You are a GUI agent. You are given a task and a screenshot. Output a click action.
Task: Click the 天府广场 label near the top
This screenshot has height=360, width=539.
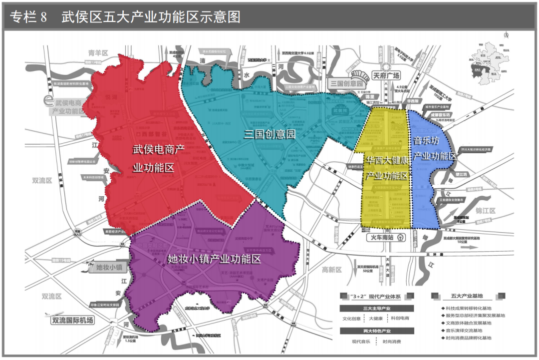click(x=386, y=76)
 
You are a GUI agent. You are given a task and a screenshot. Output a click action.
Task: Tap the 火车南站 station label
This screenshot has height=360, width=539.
click(x=386, y=238)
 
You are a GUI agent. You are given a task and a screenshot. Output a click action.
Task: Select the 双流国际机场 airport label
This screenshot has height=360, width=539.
click(x=73, y=321)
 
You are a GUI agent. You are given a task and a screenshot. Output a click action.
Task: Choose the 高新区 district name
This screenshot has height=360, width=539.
click(x=332, y=270)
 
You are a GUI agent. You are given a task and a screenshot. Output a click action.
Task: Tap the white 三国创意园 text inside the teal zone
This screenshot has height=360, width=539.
click(x=270, y=134)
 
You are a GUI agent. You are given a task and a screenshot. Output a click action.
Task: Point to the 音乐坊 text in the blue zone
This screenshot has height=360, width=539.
click(x=427, y=141)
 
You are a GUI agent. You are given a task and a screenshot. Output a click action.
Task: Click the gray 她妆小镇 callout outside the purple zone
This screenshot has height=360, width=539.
click(x=109, y=268)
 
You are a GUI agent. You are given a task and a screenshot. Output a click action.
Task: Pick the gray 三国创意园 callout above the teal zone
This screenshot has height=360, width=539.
click(x=346, y=84)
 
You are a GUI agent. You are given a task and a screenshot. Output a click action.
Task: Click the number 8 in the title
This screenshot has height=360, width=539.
click(x=43, y=17)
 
